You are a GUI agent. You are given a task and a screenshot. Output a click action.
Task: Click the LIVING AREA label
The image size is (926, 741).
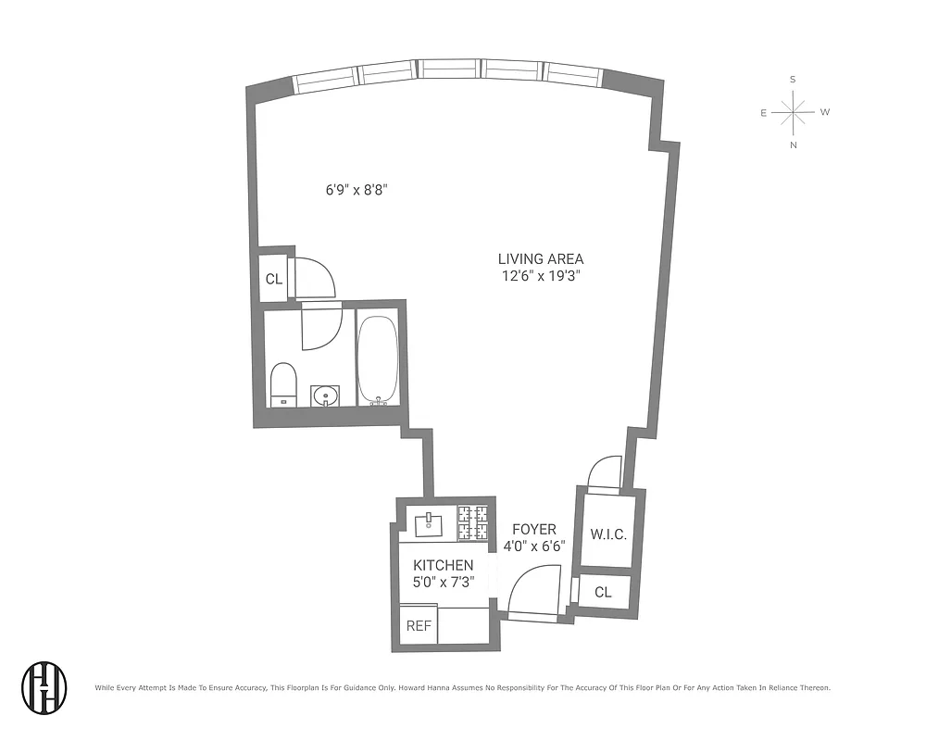pos(541,259)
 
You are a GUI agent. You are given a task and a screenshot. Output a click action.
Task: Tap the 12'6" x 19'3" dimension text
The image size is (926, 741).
pos(541,276)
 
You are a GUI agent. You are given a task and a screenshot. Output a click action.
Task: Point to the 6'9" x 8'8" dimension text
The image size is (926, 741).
pos(355,190)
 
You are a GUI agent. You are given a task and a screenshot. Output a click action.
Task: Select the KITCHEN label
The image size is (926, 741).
pos(443,565)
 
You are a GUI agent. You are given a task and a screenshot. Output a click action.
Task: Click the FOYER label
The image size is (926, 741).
pos(534,529)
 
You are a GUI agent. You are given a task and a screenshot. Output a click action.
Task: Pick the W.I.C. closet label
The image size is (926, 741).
pos(608,534)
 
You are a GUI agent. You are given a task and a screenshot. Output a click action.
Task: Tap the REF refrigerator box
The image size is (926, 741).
pos(419,625)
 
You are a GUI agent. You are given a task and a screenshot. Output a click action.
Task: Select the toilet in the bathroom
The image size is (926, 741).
pos(282,384)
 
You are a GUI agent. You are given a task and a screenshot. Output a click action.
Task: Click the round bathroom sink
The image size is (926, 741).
pos(324,396)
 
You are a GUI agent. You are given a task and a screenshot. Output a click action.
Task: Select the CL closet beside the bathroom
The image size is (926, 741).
pos(273,279)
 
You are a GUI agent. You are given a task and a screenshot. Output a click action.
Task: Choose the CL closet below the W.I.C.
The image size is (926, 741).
pos(603,592)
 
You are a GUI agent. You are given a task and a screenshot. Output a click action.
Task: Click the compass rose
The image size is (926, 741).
pos(794,113)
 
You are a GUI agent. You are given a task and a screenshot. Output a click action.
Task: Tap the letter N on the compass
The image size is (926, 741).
pos(794,145)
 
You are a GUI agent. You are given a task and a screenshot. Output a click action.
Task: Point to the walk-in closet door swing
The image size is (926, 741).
pos(607,471)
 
